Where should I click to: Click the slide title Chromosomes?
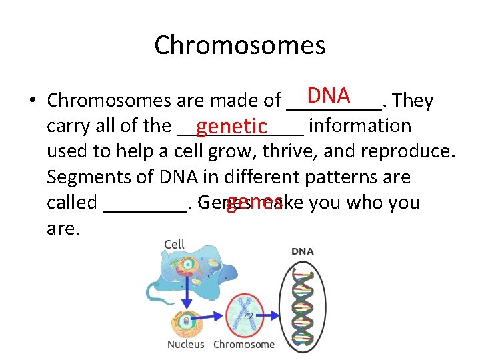[x=240, y=45]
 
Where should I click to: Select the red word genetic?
[x=232, y=126]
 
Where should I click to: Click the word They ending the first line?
[x=413, y=101]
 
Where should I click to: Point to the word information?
[x=360, y=126]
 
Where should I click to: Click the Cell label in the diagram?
[x=175, y=244]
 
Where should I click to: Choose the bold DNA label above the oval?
[x=302, y=251]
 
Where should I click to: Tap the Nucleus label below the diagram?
[x=186, y=345]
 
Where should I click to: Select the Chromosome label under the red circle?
[x=244, y=345]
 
